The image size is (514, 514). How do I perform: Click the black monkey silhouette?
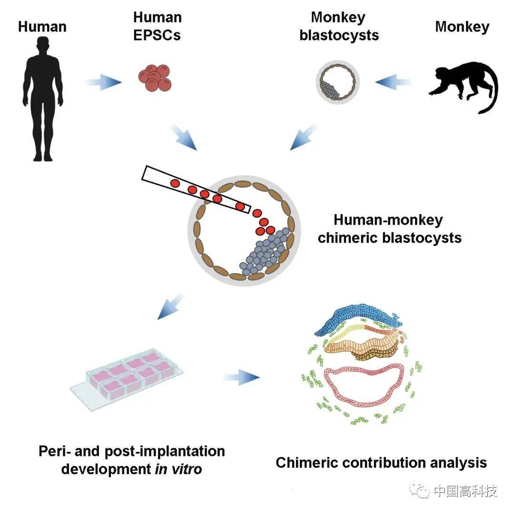(x=464, y=86)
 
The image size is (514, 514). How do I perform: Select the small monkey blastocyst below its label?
(x=337, y=81)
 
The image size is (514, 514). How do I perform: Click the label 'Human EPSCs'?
(x=157, y=27)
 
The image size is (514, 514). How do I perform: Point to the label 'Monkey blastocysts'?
(x=339, y=27)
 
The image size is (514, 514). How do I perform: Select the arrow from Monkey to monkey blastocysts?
(x=393, y=82)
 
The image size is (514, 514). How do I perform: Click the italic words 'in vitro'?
(x=178, y=469)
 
